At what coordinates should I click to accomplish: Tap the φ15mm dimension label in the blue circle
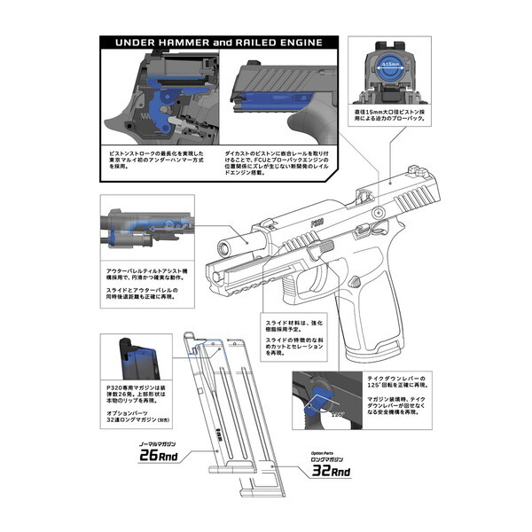390,65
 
